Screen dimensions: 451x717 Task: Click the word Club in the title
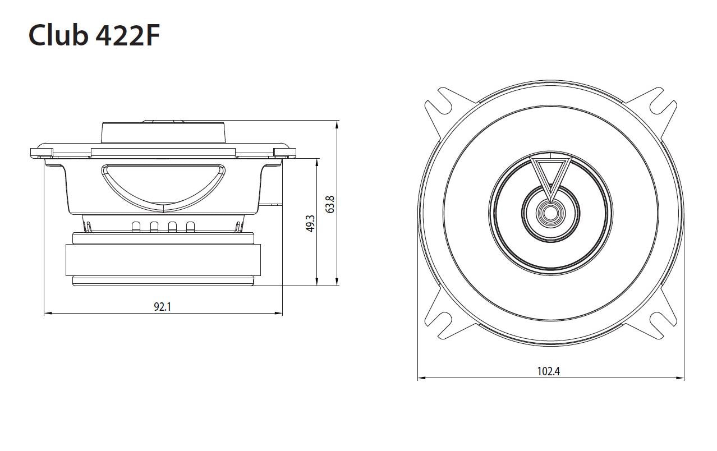coord(58,35)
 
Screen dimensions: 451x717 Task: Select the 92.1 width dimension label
coord(162,306)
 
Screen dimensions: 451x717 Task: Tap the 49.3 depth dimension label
coord(310,224)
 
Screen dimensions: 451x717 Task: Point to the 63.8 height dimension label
coord(330,204)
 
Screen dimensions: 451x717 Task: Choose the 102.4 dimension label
coord(549,371)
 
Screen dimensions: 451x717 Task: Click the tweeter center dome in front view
coord(550,213)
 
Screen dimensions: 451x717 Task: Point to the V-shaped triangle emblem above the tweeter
coord(550,174)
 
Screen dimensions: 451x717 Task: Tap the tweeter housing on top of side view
coord(163,134)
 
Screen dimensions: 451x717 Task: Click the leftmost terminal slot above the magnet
coord(136,227)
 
